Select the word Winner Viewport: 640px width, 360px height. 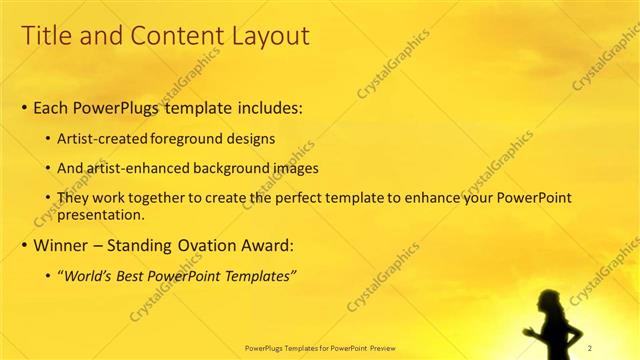tap(63, 245)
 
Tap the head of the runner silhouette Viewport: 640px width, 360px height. tap(551, 298)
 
